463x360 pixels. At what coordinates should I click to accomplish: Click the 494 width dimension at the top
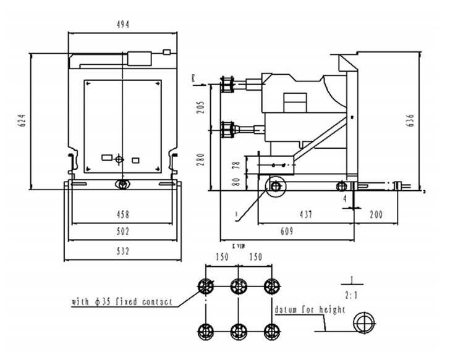pos(124,25)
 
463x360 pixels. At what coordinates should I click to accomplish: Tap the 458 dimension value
pos(123,215)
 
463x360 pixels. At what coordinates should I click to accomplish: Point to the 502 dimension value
pos(123,232)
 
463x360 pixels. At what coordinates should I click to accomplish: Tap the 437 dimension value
pos(305,215)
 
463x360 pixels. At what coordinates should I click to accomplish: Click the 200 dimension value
pos(375,215)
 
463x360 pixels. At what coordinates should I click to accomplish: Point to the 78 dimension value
pos(236,165)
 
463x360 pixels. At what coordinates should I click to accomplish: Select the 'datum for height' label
pos(309,309)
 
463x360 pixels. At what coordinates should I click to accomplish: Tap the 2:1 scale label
pos(351,289)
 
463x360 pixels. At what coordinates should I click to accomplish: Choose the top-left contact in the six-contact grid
pos(205,286)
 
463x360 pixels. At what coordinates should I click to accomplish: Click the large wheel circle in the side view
pos(274,186)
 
